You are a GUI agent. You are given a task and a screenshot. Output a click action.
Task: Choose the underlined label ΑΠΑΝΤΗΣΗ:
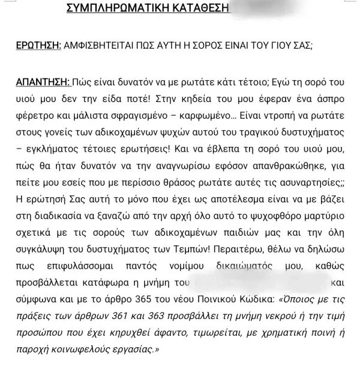pyautogui.click(x=39, y=82)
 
